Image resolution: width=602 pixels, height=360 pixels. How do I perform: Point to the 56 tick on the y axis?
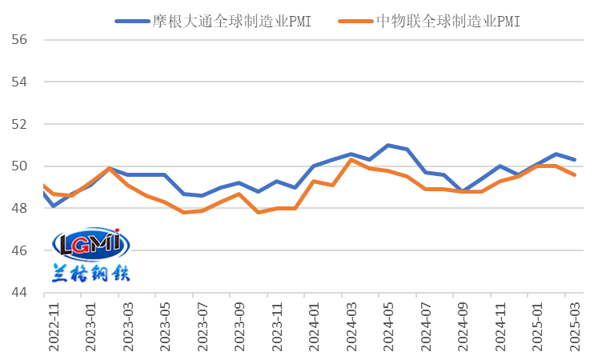pyautogui.click(x=19, y=40)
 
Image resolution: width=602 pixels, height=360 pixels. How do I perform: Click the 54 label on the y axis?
pyautogui.click(x=19, y=82)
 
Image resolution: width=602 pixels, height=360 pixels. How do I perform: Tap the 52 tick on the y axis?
pyautogui.click(x=19, y=125)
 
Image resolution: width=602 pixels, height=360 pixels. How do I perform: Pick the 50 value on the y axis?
pyautogui.click(x=19, y=167)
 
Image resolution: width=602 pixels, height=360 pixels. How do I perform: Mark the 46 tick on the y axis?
pyautogui.click(x=19, y=251)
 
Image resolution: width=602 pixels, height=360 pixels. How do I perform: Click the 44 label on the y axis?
pyautogui.click(x=19, y=294)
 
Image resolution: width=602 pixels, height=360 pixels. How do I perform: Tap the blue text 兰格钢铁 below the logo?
pyautogui.click(x=90, y=273)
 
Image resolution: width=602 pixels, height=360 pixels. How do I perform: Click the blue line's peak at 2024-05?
pyautogui.click(x=388, y=146)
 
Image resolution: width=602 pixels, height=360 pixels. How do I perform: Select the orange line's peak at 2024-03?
pyautogui.click(x=351, y=160)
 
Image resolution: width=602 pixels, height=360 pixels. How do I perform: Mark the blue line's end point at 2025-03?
pyautogui.click(x=575, y=160)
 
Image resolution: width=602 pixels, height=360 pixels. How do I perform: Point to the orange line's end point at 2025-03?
pyautogui.click(x=575, y=175)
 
